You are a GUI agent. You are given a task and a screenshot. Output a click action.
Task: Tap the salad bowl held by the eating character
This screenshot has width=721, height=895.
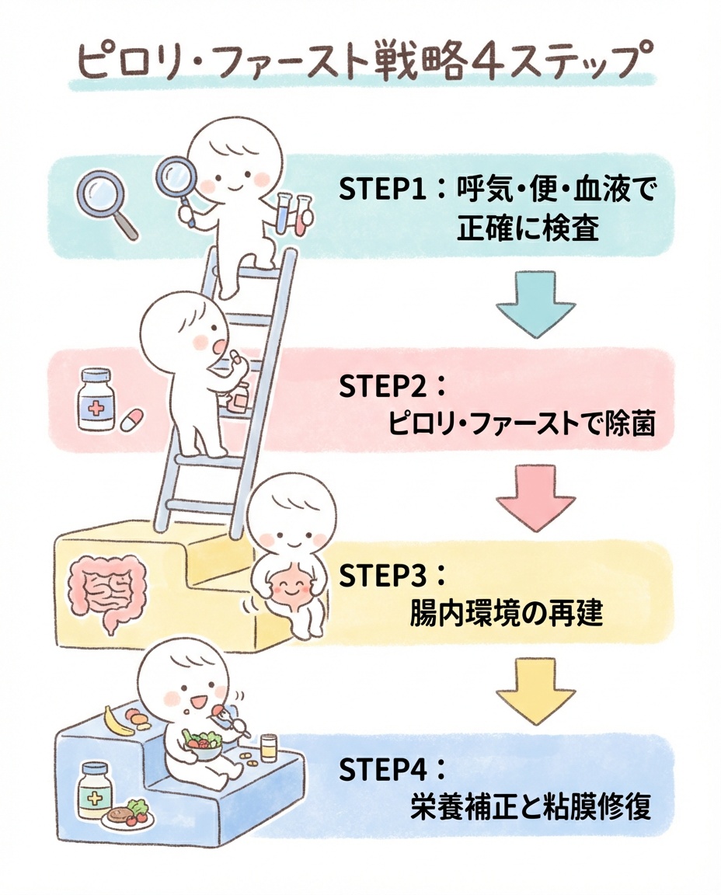pos(200,747)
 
